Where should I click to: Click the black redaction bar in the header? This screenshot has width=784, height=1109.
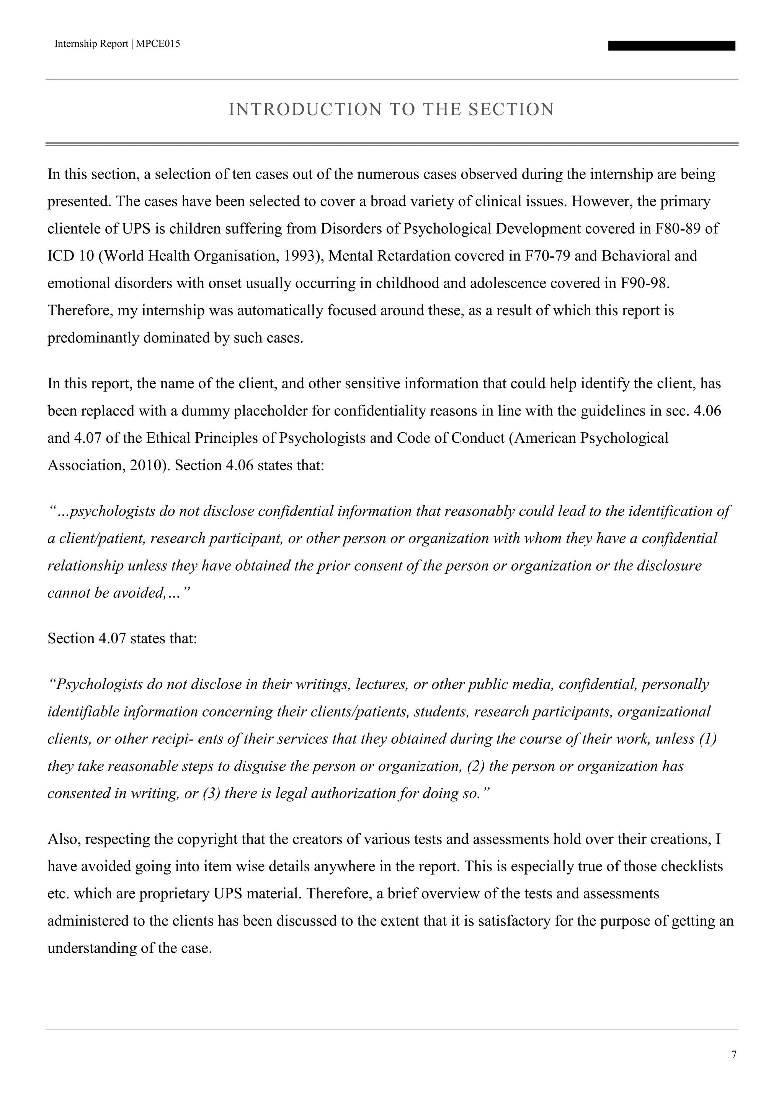coord(671,46)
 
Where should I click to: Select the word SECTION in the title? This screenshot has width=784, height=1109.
coord(511,110)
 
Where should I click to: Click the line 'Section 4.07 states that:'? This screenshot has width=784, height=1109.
coord(122,638)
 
